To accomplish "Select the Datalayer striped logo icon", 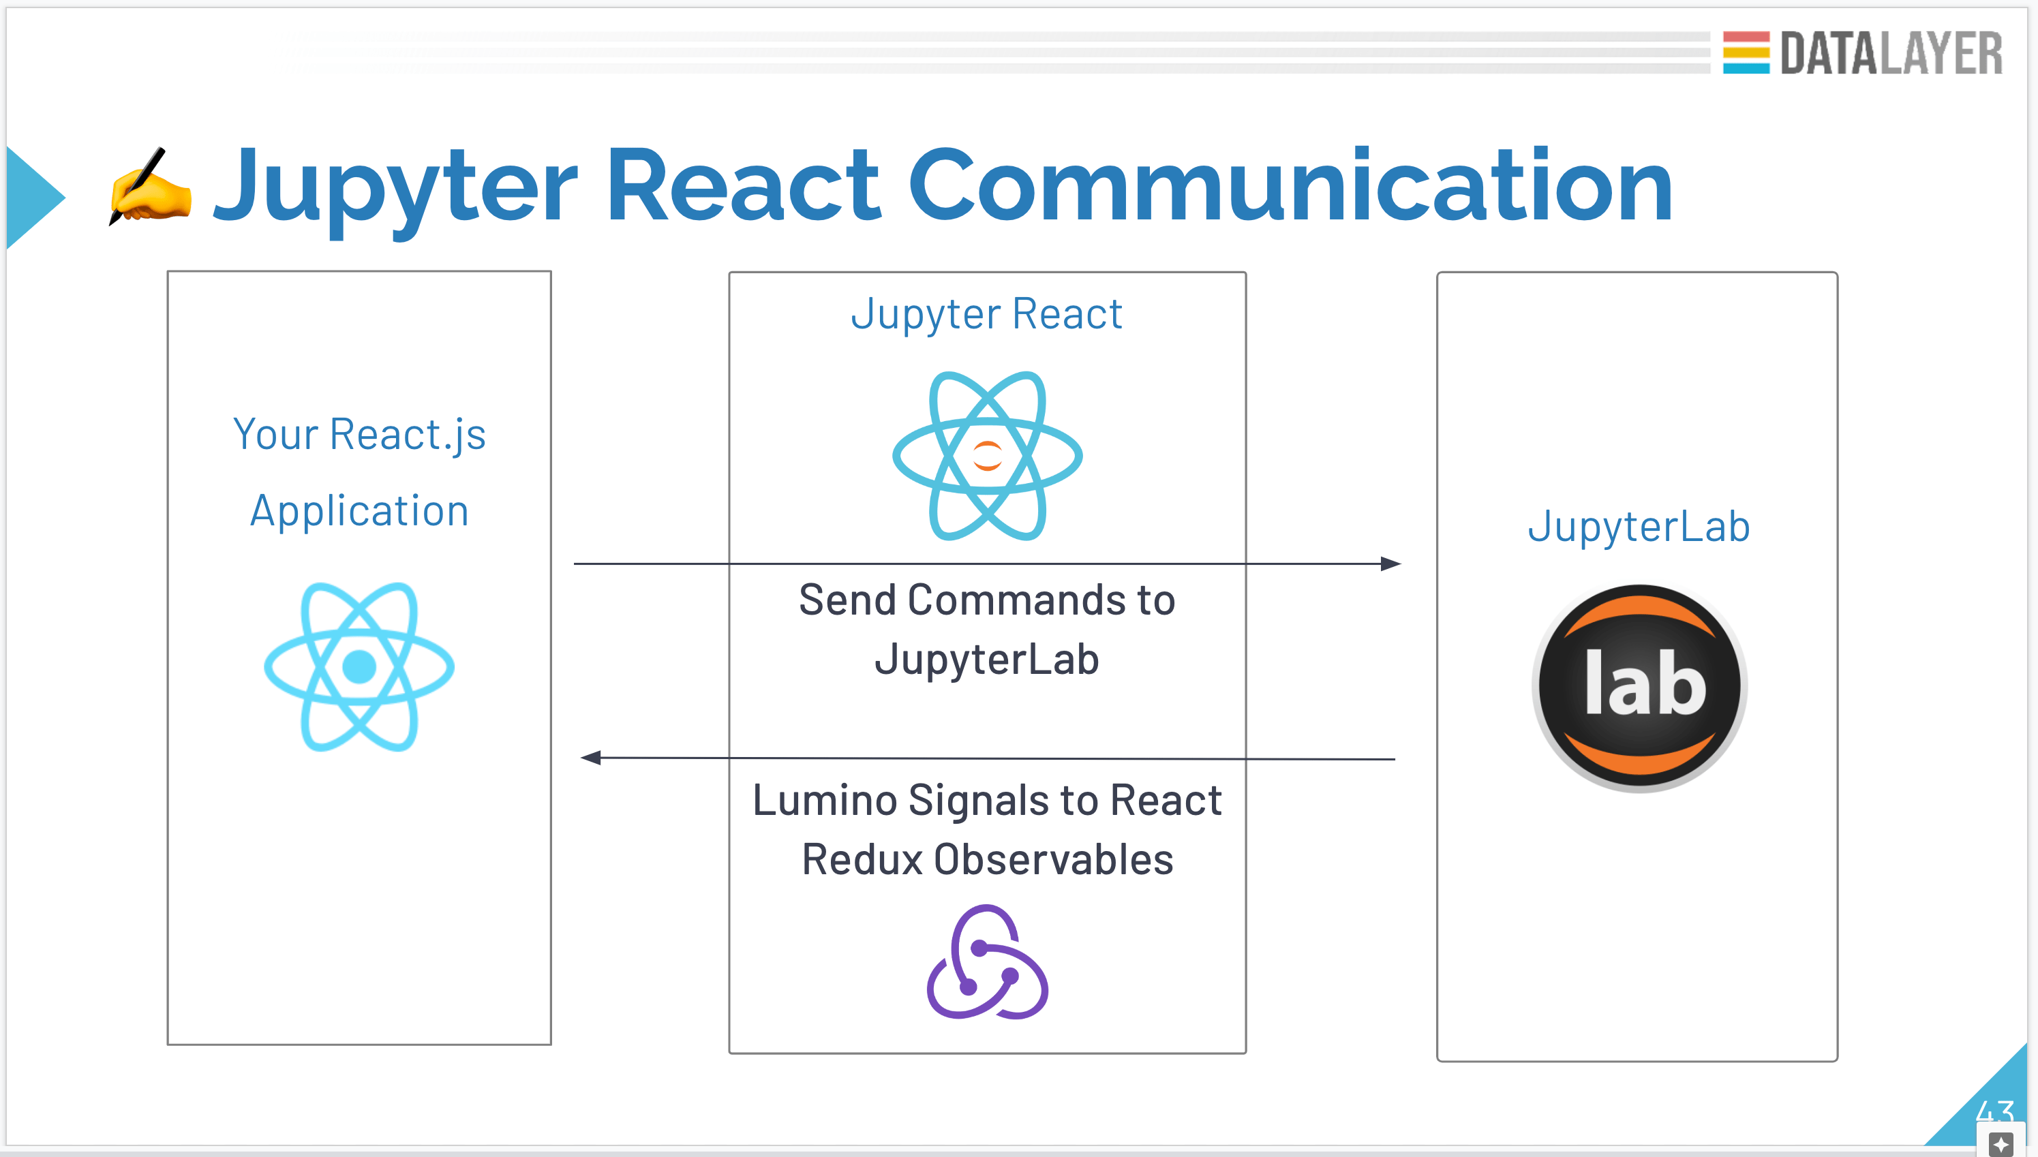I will (x=1746, y=52).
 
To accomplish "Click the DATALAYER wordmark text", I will (x=1890, y=54).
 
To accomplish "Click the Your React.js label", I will (x=359, y=435).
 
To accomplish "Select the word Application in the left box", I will (x=359, y=511).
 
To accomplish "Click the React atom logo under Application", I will (x=359, y=666).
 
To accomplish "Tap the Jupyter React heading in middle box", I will (x=986, y=314).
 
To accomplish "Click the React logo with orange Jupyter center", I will (x=987, y=456).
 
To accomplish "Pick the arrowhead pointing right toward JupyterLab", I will (x=1390, y=564).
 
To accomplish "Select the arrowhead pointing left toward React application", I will (x=590, y=757).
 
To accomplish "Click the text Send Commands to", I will (x=986, y=600).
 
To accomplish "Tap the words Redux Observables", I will (x=987, y=860).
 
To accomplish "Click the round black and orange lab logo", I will (x=1639, y=687).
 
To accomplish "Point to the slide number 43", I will (x=1994, y=1111).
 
